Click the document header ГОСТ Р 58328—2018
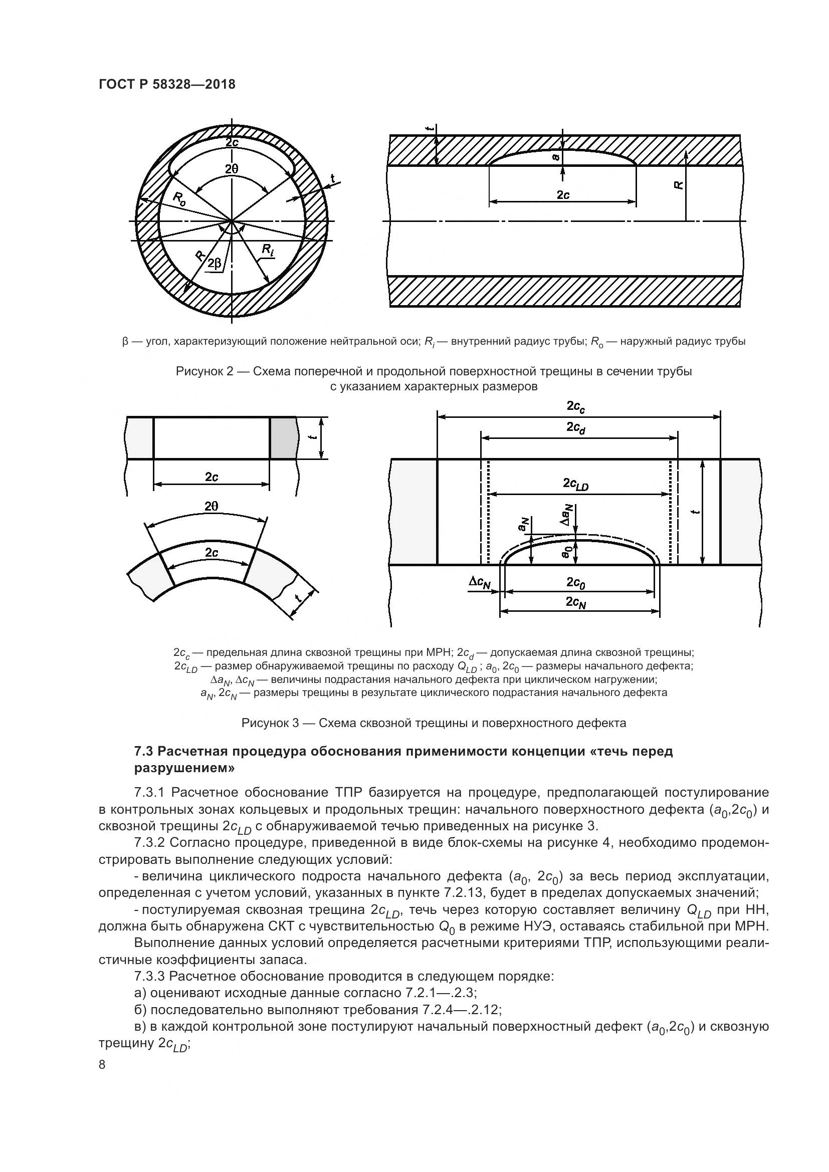click(167, 85)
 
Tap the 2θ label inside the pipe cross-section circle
click(231, 169)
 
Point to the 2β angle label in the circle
click(215, 264)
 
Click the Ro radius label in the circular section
click(179, 198)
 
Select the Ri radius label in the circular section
click(268, 250)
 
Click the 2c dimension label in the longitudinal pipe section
click(563, 195)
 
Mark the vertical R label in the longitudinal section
click(679, 186)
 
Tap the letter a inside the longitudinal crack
click(557, 157)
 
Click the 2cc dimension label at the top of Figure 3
click(576, 407)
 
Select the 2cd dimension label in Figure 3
click(576, 428)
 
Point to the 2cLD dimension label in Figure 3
click(576, 484)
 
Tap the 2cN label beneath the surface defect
click(576, 603)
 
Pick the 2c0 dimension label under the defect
click(576, 582)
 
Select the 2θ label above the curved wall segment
click(211, 507)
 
